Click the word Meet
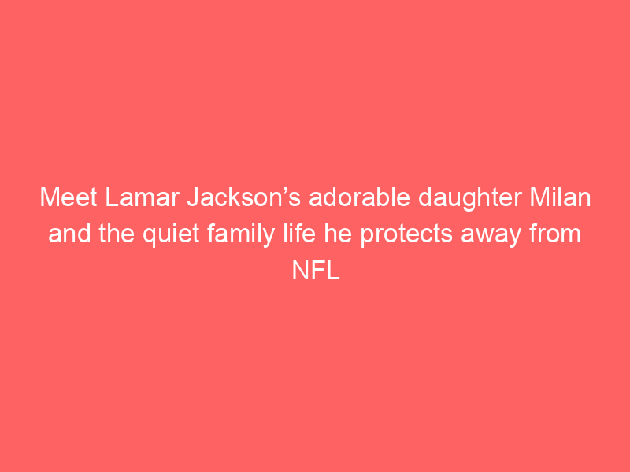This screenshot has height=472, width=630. click(69, 197)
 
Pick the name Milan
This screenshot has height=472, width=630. click(560, 197)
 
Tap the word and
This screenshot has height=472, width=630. click(69, 234)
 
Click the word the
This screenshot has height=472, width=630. click(117, 234)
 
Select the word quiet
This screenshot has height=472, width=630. click(171, 235)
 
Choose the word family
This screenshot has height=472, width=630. click(241, 235)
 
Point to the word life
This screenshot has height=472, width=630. click(299, 234)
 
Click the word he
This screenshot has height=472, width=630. click(338, 234)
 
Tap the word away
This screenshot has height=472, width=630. click(491, 237)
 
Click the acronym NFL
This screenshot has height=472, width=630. click(316, 271)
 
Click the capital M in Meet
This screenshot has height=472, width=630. click(50, 197)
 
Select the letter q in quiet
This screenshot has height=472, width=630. click(150, 238)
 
